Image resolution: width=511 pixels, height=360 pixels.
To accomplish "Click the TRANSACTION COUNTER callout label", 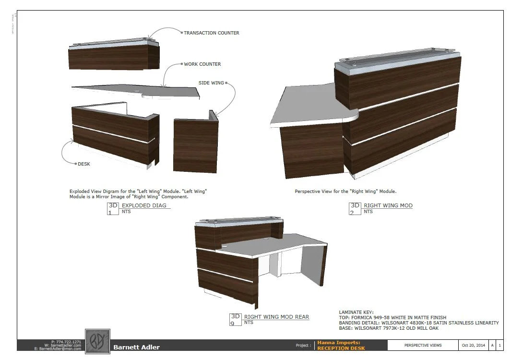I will tap(212, 33).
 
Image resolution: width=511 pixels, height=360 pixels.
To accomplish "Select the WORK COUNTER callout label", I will tap(202, 64).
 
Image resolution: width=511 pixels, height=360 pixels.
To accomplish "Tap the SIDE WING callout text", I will tap(211, 83).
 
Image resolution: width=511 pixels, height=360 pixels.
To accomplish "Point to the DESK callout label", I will tap(84, 164).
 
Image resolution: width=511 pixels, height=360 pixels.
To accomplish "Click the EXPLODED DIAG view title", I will tap(144, 205).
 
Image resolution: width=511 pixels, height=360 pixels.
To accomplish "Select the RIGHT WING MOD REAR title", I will tap(276, 317).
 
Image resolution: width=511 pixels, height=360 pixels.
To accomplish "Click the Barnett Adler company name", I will tap(136, 347).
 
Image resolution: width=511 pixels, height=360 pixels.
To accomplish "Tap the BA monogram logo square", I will tap(97, 341).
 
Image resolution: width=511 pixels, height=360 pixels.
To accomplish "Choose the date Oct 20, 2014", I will tap(473, 345).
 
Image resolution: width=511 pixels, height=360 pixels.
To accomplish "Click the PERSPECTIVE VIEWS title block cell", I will tap(423, 345).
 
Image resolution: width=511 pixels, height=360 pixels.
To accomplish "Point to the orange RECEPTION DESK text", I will tap(341, 348).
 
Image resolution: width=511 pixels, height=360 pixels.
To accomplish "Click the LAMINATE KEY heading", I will tap(356, 312).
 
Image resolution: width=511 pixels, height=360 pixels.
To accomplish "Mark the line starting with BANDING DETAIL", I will tap(418, 323).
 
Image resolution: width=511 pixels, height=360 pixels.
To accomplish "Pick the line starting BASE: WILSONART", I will tap(389, 328).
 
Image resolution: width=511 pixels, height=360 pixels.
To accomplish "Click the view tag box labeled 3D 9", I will tap(235, 319).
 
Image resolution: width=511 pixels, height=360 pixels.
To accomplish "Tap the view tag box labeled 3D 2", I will tap(355, 208).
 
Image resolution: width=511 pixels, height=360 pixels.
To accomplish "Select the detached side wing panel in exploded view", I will tap(195, 144).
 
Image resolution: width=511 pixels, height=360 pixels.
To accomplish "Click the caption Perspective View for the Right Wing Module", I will tap(345, 191).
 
